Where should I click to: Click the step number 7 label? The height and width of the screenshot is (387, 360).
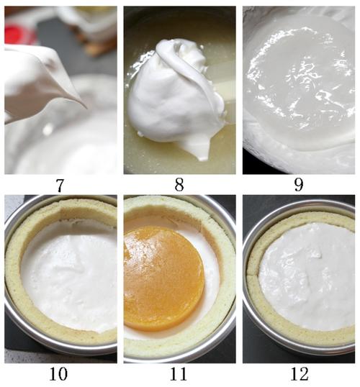click(60, 185)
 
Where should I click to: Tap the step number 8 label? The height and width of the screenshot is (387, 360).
click(179, 184)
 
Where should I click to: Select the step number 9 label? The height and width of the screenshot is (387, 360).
click(299, 185)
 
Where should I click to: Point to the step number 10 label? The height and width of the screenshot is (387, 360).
click(58, 373)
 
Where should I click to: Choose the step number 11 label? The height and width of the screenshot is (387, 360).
click(178, 373)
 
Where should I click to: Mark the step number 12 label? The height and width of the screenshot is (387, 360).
click(300, 373)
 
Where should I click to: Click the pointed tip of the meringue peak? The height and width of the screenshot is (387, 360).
click(86, 108)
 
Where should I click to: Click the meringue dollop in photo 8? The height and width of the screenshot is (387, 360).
click(176, 94)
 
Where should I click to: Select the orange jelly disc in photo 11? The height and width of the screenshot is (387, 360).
click(163, 278)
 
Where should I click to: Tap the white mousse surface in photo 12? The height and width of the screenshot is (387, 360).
click(307, 276)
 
